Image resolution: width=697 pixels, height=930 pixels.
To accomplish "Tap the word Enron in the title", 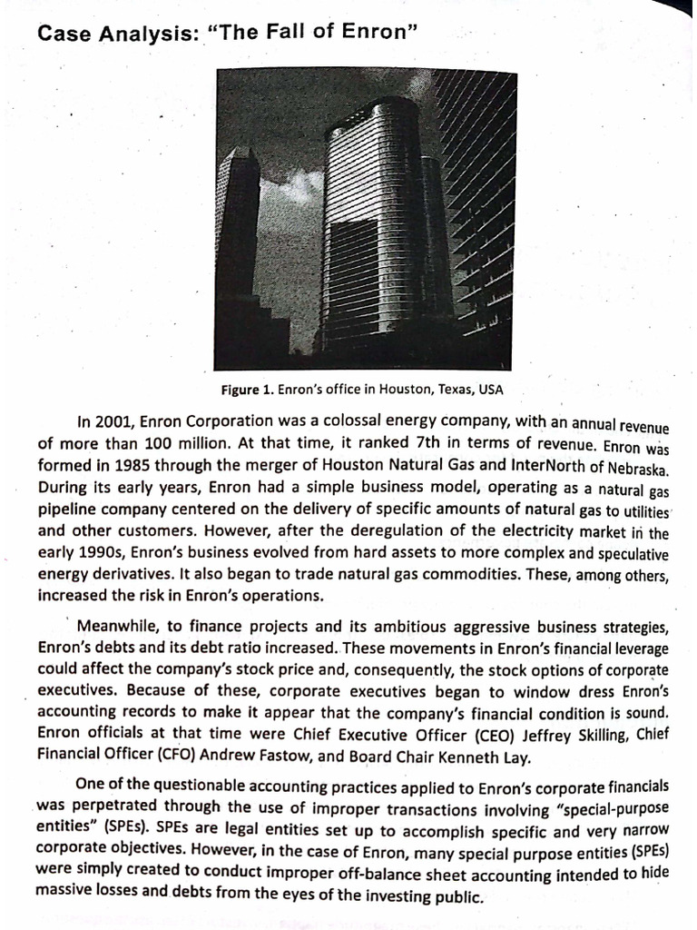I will [377, 34].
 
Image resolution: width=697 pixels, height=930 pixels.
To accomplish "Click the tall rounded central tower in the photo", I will [372, 227].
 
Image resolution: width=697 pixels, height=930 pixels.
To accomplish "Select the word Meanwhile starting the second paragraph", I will [120, 628].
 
